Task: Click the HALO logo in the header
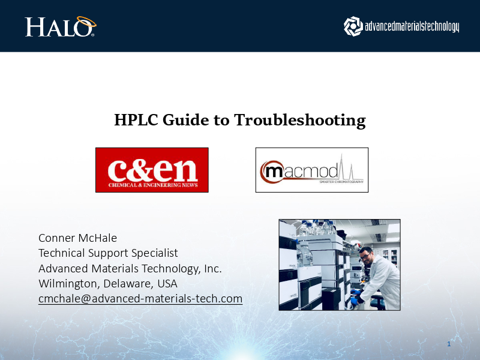point(60,27)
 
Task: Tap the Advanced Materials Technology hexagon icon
point(353,25)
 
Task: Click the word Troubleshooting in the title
point(299,120)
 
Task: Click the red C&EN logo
point(152,170)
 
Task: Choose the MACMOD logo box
point(311,170)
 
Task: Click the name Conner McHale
point(77,238)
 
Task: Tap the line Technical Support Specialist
point(108,253)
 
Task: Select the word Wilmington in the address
point(66,283)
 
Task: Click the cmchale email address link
point(140,298)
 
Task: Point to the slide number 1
point(449,344)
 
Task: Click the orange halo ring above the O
point(85,21)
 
